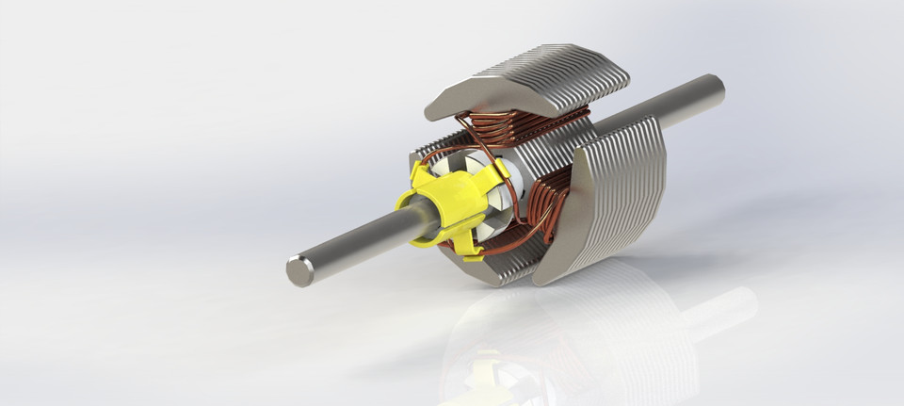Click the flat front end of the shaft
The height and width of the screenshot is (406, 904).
[x=299, y=270]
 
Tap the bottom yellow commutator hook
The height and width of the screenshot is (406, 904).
[x=467, y=247]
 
